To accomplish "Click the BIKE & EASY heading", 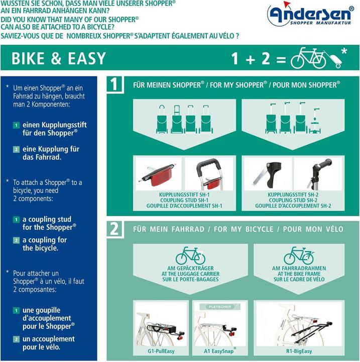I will coord(59,58).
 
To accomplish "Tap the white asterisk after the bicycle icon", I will coord(344,51).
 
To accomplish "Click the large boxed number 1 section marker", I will coord(115,84).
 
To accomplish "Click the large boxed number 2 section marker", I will coord(115,229).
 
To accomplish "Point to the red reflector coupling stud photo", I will coord(158,174).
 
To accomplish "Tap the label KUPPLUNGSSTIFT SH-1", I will coord(183,195).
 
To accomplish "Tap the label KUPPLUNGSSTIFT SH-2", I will coord(293,195).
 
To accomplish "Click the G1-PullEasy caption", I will coord(161,351).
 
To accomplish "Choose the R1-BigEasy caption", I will coord(299,351).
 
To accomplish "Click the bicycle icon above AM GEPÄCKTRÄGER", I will coord(190,255).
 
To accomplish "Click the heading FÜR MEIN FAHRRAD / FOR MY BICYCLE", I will coord(238,229).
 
